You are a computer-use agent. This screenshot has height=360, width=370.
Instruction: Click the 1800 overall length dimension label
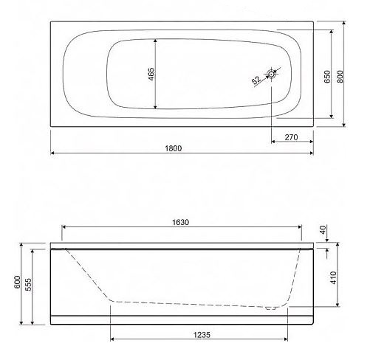tap(174, 148)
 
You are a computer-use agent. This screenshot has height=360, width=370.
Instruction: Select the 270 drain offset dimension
tap(291, 137)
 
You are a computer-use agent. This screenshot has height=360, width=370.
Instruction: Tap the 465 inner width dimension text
tap(151, 74)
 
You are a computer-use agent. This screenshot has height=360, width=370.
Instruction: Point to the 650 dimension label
tap(327, 77)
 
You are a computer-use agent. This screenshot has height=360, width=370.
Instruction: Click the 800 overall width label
tap(340, 77)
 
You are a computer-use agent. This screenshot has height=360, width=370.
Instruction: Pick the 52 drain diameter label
tap(256, 80)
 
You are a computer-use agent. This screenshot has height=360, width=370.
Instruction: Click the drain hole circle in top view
tap(272, 74)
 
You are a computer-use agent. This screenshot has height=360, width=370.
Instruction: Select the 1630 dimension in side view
tap(180, 222)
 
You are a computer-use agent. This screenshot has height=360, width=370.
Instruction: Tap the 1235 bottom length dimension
tap(202, 335)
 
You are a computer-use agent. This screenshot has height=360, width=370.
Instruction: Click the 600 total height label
tap(17, 283)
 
